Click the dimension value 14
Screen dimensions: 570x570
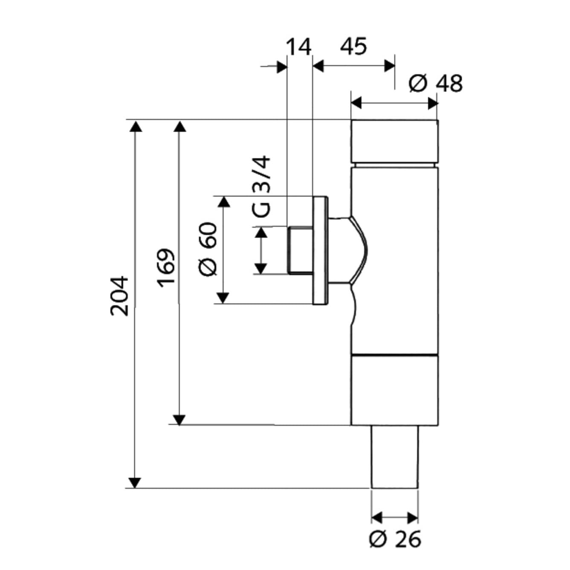click(x=299, y=47)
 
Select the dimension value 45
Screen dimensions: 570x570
click(x=353, y=46)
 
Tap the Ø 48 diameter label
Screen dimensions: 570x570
click(x=435, y=84)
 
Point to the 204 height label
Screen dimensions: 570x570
click(x=119, y=296)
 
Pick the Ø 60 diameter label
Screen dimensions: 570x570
click(x=208, y=249)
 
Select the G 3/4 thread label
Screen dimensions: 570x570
click(x=261, y=186)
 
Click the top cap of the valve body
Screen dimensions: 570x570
click(x=394, y=142)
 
